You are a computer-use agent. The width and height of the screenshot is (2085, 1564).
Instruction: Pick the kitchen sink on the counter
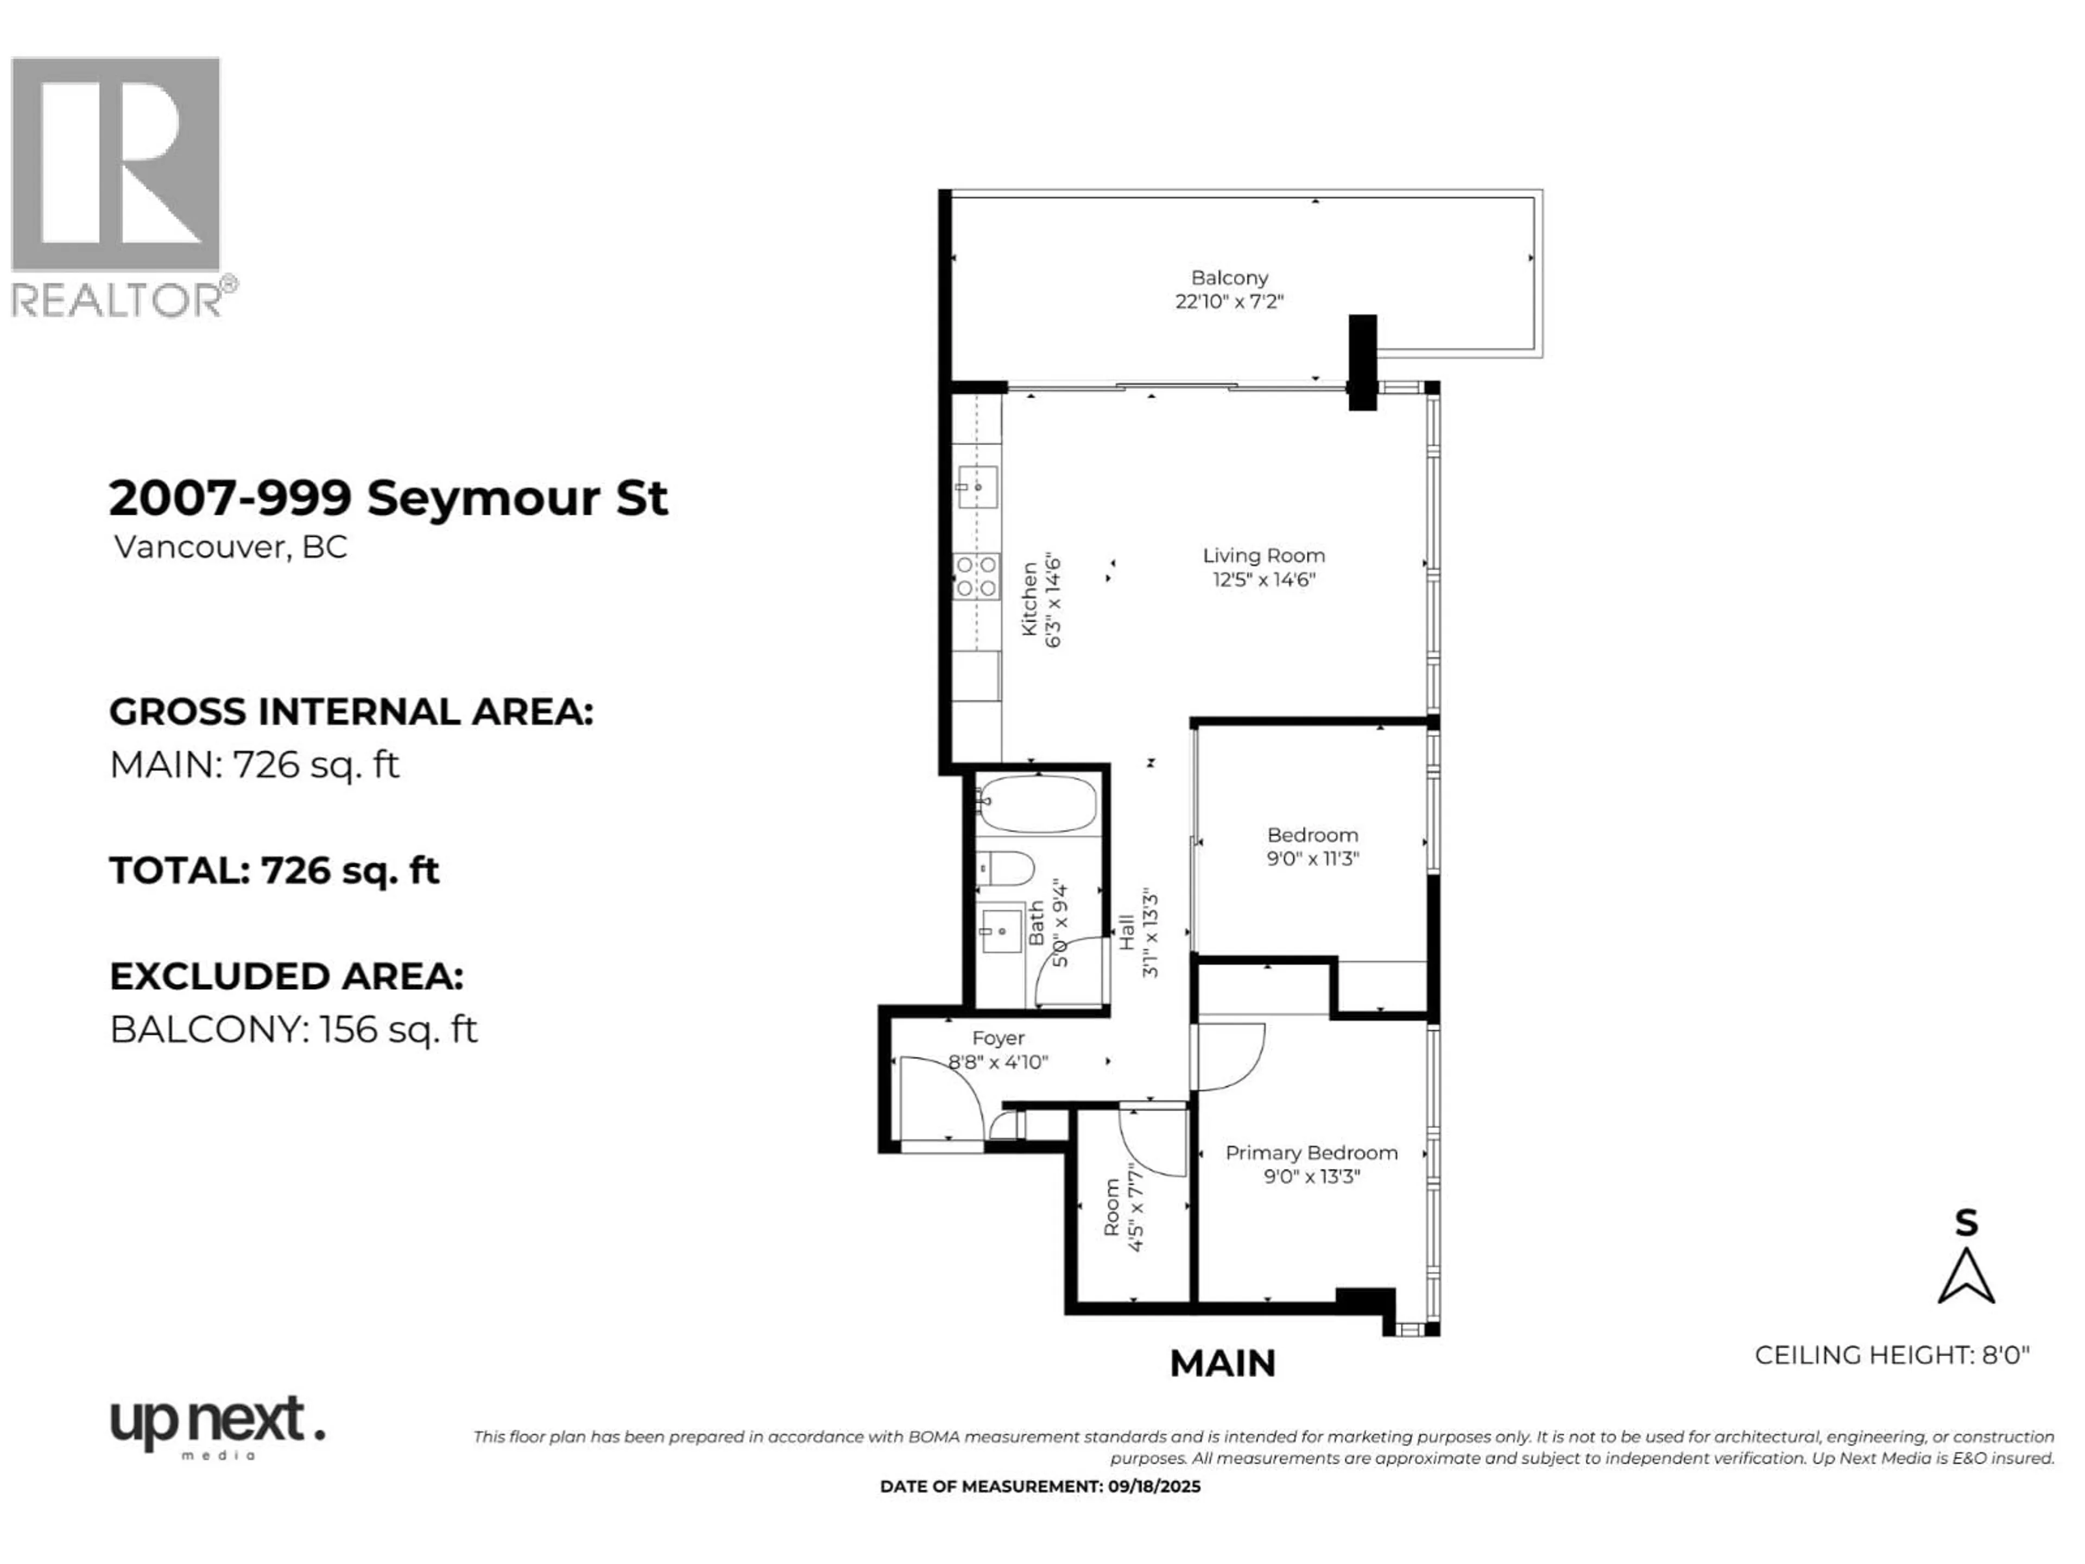pos(977,488)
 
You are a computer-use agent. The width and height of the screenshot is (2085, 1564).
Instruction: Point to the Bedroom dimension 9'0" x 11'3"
pos(1312,859)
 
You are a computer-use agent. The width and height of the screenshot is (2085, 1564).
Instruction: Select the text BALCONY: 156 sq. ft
pos(293,1030)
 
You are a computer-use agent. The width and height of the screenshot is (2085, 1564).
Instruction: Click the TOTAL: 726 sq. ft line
pos(273,870)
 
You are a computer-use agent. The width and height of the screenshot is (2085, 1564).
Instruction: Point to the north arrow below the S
pos(1966,1277)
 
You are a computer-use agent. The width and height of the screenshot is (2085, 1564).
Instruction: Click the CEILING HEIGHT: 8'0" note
pos(1891,1355)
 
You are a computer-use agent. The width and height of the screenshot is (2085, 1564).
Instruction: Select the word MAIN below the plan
pos(1223,1363)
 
